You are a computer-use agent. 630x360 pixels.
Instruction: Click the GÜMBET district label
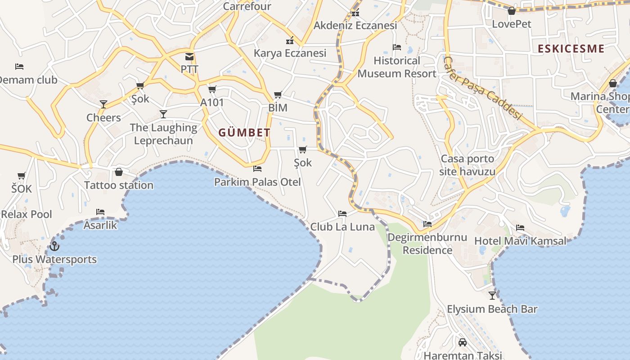click(244, 132)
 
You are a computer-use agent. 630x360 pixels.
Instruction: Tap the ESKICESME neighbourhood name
click(571, 49)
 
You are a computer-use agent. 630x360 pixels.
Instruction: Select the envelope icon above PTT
click(189, 57)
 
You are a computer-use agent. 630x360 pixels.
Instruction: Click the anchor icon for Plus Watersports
click(54, 246)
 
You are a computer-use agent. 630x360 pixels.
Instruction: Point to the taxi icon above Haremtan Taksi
click(462, 342)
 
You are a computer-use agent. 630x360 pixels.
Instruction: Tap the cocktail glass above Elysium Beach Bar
click(492, 296)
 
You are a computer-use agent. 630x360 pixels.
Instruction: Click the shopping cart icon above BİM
click(278, 95)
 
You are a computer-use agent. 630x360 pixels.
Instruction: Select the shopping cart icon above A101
click(212, 89)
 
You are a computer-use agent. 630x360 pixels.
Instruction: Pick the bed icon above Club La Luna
click(342, 214)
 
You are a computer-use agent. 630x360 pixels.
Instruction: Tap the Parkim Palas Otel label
click(257, 182)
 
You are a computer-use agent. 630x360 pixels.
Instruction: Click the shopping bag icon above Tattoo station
click(119, 172)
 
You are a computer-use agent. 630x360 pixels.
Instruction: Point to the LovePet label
click(512, 24)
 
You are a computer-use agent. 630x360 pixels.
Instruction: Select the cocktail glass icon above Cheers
click(103, 104)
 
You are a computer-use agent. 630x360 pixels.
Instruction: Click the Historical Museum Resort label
click(397, 67)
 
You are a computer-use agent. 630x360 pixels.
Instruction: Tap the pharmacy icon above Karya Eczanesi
click(290, 40)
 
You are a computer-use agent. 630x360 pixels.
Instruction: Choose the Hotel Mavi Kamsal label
click(520, 241)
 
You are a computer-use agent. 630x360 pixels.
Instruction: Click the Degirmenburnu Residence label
click(427, 243)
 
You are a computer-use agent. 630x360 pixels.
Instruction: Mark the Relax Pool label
click(27, 214)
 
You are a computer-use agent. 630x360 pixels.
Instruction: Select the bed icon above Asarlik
click(100, 211)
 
